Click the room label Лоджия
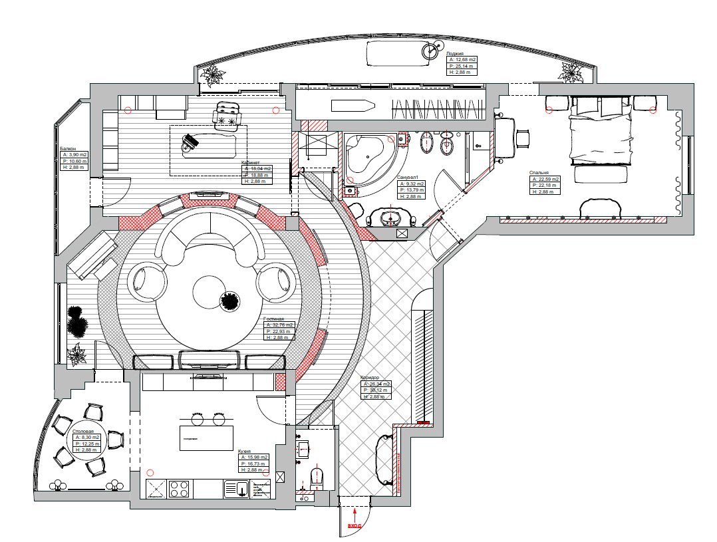click(x=456, y=53)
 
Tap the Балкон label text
click(x=67, y=148)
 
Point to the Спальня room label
click(x=539, y=173)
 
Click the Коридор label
click(x=370, y=378)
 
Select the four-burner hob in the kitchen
click(x=179, y=489)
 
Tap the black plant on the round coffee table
click(x=230, y=302)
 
